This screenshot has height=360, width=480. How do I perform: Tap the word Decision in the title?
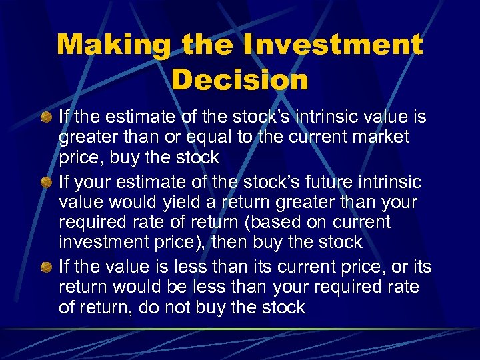(240, 79)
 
